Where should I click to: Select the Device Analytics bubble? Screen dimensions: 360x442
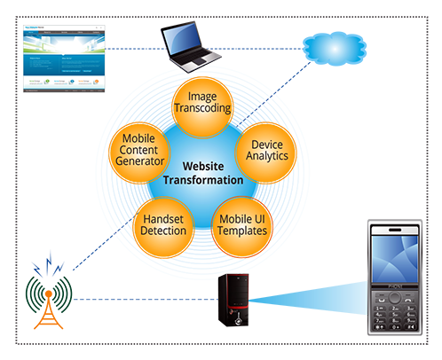point(266,150)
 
